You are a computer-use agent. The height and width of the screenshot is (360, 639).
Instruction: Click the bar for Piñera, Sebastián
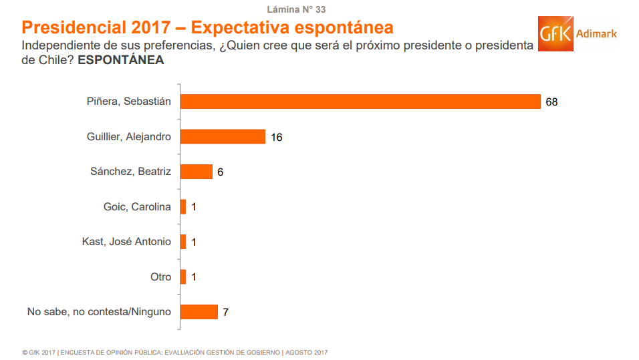pos(360,102)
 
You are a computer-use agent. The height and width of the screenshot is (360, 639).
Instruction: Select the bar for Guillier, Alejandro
pos(223,137)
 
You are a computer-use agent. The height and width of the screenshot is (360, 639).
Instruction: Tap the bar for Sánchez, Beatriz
pos(196,172)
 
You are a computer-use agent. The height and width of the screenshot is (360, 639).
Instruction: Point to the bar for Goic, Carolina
pos(183,207)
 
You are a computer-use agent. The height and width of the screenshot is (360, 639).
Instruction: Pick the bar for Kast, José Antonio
pos(183,242)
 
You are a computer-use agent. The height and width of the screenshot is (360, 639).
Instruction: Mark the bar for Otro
pos(183,277)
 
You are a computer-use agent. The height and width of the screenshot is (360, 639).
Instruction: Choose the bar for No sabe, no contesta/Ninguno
pos(199,312)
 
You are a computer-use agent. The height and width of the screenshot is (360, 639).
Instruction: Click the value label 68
pos(551,102)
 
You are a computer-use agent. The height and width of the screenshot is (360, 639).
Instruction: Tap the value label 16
pos(277,137)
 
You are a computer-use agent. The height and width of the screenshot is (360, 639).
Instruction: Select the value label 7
pos(226,312)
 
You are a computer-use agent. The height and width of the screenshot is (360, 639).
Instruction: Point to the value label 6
pos(220,172)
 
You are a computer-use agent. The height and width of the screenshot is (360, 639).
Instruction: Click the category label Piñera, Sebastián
pos(129,102)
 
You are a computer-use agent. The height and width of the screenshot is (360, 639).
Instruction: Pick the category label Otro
pos(160,277)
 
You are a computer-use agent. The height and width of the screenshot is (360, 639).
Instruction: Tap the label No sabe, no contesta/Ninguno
pos(99,312)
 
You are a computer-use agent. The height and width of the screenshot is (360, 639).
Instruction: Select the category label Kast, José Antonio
pos(126,242)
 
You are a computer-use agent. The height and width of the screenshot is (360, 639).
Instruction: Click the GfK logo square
pos(555,33)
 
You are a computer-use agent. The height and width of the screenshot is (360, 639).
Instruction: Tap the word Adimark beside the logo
pos(597,33)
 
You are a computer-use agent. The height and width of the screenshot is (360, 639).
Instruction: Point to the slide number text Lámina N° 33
pos(296,9)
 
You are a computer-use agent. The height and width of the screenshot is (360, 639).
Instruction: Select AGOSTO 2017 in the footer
pos(307,352)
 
